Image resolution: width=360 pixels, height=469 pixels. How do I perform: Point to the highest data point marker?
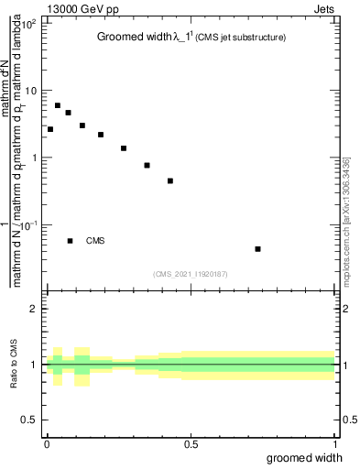pyautogui.click(x=58, y=105)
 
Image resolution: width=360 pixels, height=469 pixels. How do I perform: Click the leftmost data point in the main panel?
pyautogui.click(x=50, y=129)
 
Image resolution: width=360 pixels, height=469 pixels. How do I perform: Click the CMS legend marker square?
pyautogui.click(x=71, y=241)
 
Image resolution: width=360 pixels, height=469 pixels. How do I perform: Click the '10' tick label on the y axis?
pyautogui.click(x=30, y=91)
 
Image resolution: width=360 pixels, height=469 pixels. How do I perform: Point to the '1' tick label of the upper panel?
pyautogui.click(x=34, y=158)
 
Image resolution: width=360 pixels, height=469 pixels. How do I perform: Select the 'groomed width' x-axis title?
pyautogui.click(x=306, y=457)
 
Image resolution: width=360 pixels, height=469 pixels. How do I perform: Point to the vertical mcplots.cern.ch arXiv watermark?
pyautogui.click(x=351, y=214)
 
